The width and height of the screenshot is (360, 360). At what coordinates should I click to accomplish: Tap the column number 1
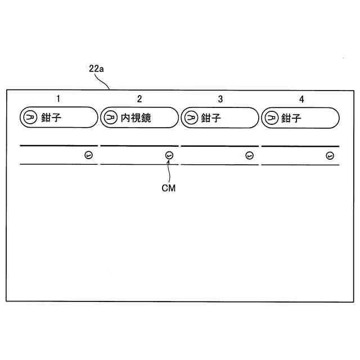(x=58, y=99)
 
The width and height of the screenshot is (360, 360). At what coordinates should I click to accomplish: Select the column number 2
(x=139, y=99)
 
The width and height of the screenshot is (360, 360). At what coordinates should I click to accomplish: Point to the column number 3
(x=220, y=99)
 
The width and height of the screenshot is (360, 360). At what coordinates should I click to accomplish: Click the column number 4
(x=301, y=99)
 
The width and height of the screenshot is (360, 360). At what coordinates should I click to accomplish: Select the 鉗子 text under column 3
(x=211, y=118)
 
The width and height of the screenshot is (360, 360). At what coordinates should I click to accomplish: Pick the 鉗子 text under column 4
(x=291, y=118)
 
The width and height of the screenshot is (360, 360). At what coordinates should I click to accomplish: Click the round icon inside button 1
(x=29, y=118)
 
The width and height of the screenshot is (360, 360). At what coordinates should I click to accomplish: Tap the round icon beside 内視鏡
(x=110, y=118)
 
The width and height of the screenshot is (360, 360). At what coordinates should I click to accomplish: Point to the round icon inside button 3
(x=191, y=118)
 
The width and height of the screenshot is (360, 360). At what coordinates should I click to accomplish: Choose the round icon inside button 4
(x=271, y=118)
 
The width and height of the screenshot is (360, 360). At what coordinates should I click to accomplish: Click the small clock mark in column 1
(x=88, y=155)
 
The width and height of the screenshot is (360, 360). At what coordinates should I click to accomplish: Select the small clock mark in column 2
(x=169, y=155)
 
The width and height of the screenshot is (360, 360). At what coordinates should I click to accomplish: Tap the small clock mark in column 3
(x=250, y=155)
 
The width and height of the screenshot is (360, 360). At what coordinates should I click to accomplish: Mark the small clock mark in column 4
(x=330, y=155)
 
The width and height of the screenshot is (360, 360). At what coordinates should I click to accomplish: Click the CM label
(x=168, y=188)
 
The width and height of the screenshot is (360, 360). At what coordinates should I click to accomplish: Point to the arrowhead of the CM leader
(x=169, y=161)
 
